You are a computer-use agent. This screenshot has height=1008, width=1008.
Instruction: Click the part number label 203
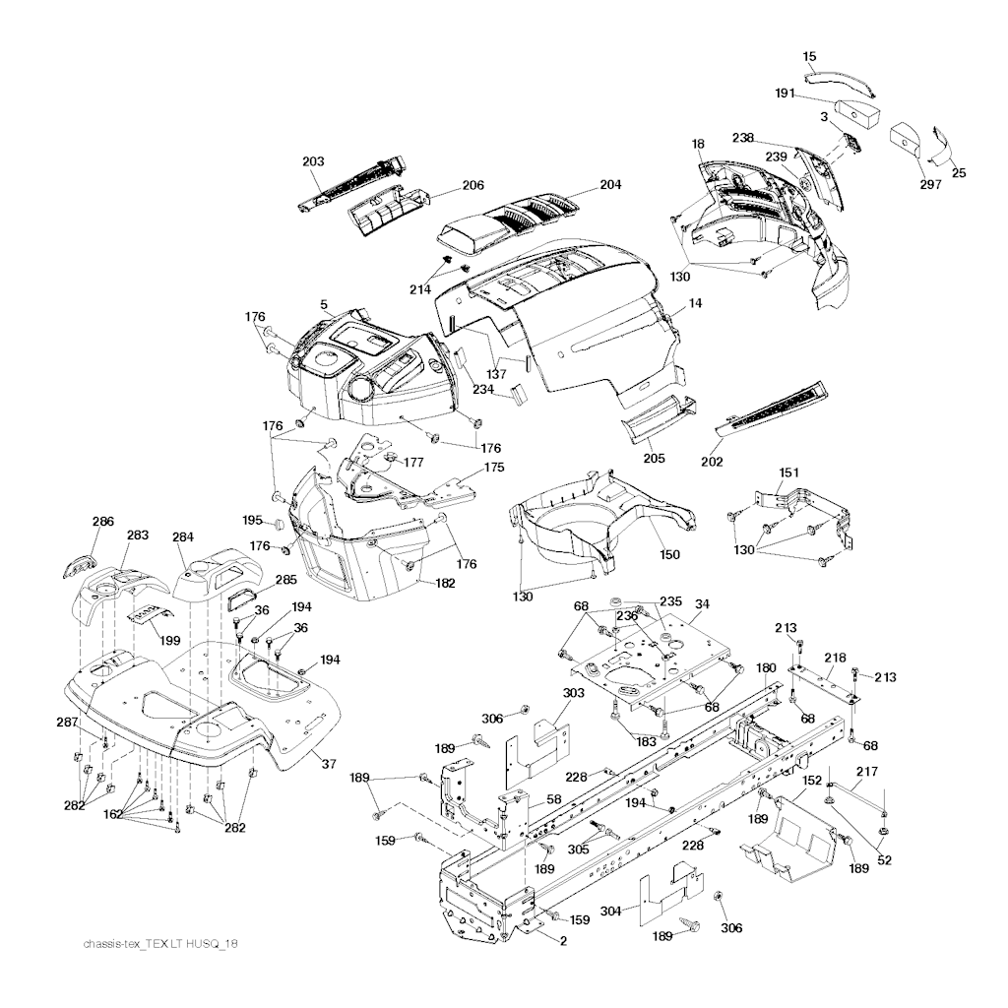[313, 161]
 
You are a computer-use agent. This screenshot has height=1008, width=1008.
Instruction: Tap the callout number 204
[610, 185]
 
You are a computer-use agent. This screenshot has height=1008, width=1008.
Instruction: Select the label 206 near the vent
[472, 185]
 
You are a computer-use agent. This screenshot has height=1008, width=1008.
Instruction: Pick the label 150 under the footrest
[669, 555]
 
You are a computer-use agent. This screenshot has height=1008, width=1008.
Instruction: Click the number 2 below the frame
[563, 940]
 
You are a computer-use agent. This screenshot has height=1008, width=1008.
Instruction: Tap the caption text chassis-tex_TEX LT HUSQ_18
[160, 944]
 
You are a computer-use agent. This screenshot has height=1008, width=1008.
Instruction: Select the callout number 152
[812, 780]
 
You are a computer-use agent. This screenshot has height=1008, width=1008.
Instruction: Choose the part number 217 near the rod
[866, 773]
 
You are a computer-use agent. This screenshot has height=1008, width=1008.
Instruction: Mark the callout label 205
[654, 458]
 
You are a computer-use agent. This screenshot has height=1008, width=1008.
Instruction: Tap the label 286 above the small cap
[102, 522]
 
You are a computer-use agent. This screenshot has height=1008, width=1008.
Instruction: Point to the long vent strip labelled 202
[773, 409]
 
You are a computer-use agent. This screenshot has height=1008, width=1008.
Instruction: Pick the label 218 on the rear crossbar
[835, 657]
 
